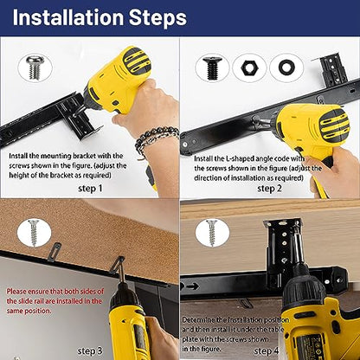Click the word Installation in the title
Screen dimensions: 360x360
[68, 17]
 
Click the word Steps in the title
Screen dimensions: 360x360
[157, 18]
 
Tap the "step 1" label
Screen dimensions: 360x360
[90, 189]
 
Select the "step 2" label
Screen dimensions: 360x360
[269, 189]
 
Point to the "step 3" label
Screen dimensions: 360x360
[90, 350]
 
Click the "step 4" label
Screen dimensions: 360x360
[267, 350]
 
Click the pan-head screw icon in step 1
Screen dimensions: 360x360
[35, 68]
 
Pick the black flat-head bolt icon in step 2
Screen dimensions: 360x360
[212, 68]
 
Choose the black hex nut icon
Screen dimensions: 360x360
[250, 68]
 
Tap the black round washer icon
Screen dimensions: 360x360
[286, 68]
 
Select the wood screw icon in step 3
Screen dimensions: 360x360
[34, 233]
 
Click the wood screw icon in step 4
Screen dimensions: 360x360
[212, 233]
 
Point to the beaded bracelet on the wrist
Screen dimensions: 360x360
[156, 137]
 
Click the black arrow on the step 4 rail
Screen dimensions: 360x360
[193, 286]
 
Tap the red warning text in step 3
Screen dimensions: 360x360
[55, 301]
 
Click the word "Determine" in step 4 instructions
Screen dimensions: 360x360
[198, 320]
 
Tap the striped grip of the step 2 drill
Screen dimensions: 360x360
[334, 125]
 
